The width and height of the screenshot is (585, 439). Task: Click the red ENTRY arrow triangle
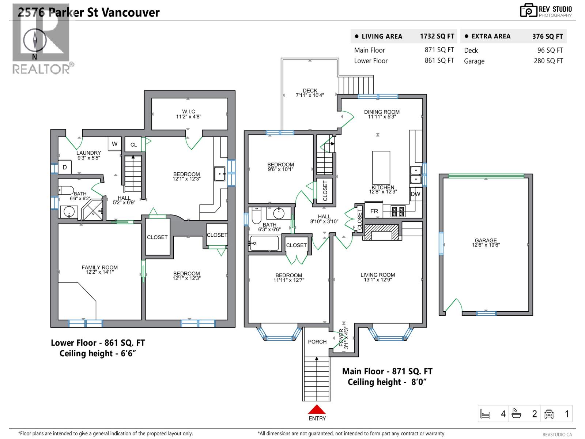click(x=317, y=409)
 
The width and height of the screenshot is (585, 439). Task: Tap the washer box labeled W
click(x=114, y=144)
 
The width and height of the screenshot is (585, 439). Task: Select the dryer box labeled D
click(x=65, y=167)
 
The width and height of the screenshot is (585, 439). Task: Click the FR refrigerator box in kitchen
click(x=374, y=211)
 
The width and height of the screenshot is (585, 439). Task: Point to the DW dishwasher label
click(x=415, y=194)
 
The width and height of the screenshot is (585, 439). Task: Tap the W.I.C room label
click(x=189, y=114)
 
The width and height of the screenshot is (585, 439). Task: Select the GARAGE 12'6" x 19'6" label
click(x=486, y=243)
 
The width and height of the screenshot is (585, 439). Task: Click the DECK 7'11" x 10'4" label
click(x=310, y=93)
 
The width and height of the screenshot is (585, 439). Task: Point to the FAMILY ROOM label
click(x=99, y=270)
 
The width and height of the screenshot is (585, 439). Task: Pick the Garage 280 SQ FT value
click(x=548, y=61)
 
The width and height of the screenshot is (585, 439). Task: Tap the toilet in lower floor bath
click(x=66, y=190)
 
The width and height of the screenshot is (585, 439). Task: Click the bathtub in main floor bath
click(x=264, y=243)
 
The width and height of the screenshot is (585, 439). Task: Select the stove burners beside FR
click(x=398, y=211)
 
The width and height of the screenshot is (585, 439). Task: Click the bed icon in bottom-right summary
click(x=485, y=414)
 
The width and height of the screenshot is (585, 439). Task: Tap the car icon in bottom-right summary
click(x=549, y=414)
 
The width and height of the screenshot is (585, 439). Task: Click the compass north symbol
click(x=35, y=40)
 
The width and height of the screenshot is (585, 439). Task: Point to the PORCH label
click(x=317, y=342)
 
